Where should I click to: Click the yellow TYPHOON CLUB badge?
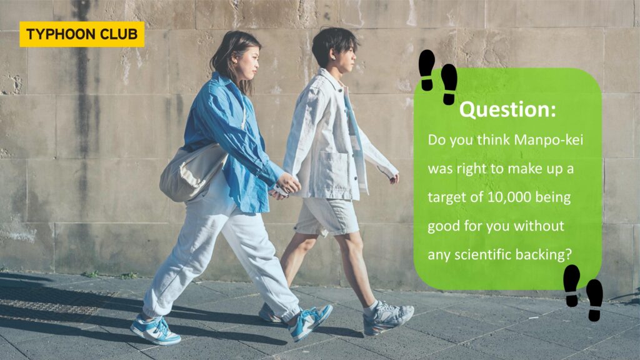(82, 34)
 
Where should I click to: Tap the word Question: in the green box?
(507, 109)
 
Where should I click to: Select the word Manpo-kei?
(549, 140)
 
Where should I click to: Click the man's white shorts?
(326, 216)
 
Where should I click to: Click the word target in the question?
(446, 198)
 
